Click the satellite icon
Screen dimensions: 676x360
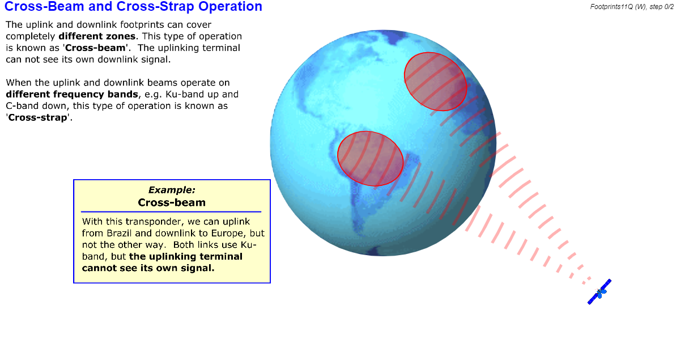click(600, 292)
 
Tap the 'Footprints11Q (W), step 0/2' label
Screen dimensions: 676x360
click(632, 7)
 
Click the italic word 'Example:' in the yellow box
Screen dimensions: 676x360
click(172, 190)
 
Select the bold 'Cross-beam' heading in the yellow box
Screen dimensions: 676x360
click(172, 202)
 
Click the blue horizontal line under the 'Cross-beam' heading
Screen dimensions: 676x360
click(171, 211)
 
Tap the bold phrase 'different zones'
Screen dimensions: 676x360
click(97, 36)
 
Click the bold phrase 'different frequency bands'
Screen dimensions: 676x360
click(72, 95)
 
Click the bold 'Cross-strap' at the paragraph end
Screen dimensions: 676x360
click(38, 118)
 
